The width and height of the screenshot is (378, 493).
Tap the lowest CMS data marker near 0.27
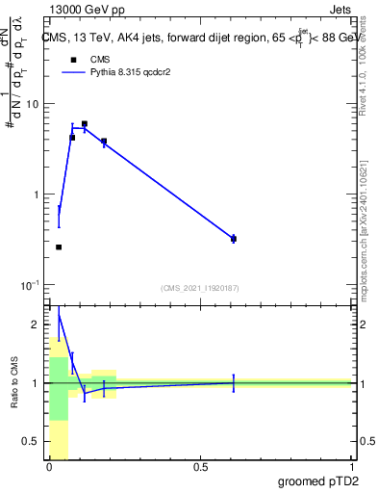59,247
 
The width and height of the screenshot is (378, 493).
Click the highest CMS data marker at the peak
85,124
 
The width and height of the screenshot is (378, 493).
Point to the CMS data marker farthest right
234,238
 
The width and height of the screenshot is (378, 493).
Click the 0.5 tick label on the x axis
200,469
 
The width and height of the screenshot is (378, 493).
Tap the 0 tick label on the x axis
49,469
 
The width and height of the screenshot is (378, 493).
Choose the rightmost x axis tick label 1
351,469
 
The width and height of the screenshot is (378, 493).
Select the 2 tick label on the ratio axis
38,324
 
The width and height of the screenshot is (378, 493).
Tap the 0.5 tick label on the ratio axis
33,442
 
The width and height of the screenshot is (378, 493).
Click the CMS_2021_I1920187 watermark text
200,288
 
